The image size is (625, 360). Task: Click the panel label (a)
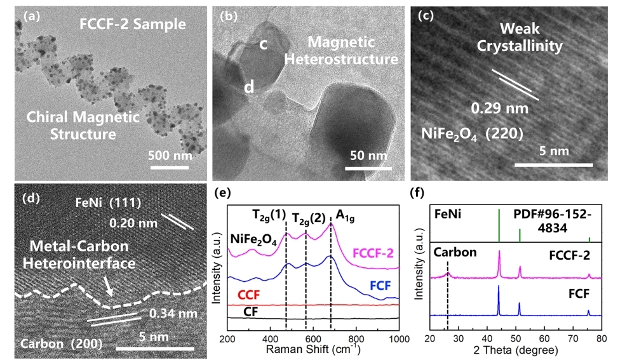[x=31, y=17]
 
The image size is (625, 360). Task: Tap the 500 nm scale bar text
[x=170, y=155]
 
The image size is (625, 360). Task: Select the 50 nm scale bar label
[x=366, y=156]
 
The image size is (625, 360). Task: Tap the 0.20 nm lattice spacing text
[x=132, y=223]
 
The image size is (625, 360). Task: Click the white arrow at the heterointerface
[x=109, y=289]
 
